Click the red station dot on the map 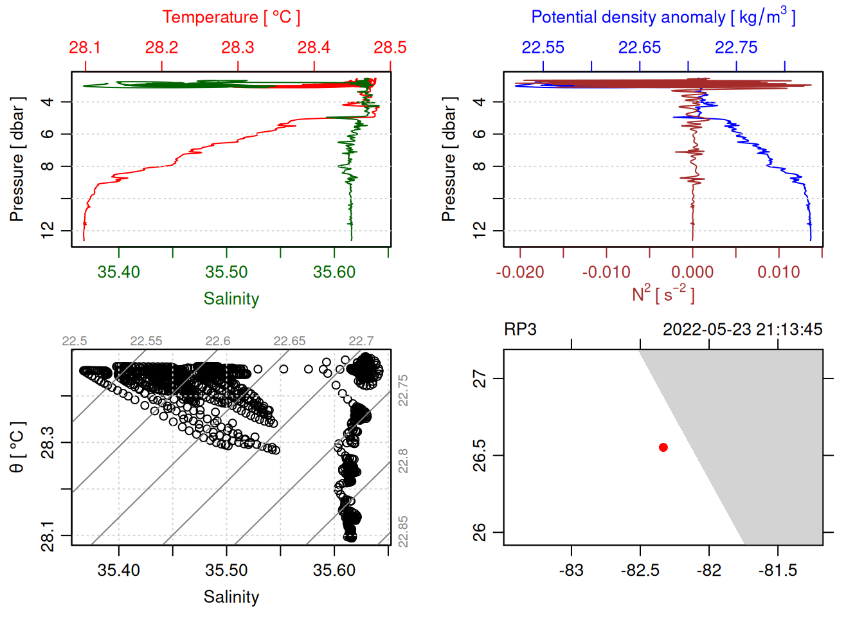pos(663,447)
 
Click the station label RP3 pos(520,330)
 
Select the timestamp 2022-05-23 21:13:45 pos(742,330)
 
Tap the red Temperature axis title pos(231,17)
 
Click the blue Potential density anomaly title pos(663,17)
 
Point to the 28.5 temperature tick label pos(390,48)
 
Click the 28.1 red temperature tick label pos(85,48)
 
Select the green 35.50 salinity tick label pos(226,273)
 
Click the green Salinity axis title pos(231,299)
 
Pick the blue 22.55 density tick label pos(543,48)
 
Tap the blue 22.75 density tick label pos(736,48)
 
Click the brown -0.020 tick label pos(519,273)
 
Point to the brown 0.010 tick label pos(779,273)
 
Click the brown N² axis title pos(663,294)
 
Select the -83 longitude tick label pos(571,571)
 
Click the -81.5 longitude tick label pos(777,571)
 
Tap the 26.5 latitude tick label pos(480,456)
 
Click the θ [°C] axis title pos(17,447)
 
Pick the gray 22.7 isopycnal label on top pos(361,341)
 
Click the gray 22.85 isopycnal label pos(403,532)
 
